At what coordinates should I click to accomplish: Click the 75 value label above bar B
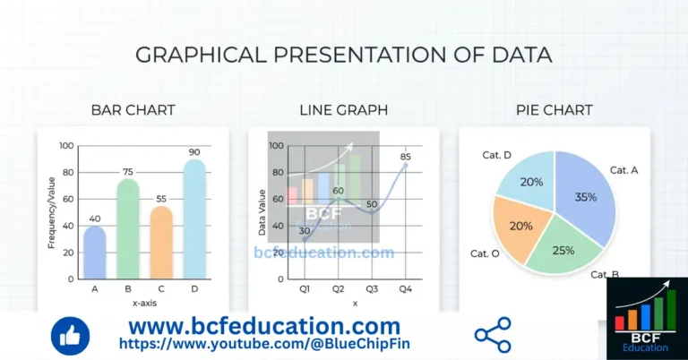coord(128,172)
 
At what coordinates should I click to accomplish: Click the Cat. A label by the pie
coord(623,169)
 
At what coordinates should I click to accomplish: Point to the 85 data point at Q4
coord(405,165)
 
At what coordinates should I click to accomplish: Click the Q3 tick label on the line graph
coord(371,288)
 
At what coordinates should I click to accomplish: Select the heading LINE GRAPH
coord(343,110)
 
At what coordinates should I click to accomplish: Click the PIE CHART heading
coord(554,110)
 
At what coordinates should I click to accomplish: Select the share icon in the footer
coord(492,335)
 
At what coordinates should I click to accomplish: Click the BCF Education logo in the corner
coord(647,319)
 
